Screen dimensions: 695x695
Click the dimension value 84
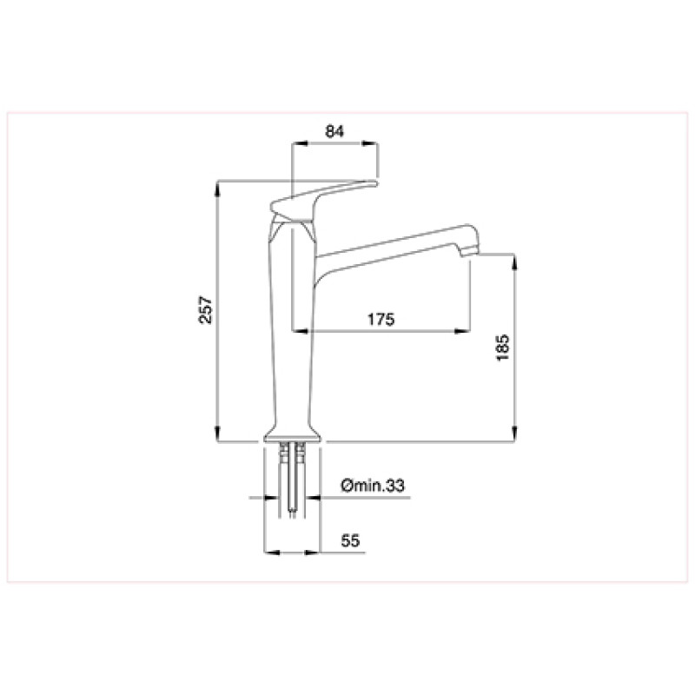[334, 131]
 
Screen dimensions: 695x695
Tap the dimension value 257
[206, 309]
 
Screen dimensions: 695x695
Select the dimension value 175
[381, 319]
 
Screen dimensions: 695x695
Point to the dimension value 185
[503, 348]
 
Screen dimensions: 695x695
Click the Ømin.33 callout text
[373, 486]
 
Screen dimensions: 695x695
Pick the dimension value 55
[350, 540]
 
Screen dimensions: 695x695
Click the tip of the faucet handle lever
[375, 182]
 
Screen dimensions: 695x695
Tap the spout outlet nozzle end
[469, 252]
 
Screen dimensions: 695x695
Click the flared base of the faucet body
[292, 436]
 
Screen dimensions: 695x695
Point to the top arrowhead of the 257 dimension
[217, 188]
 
